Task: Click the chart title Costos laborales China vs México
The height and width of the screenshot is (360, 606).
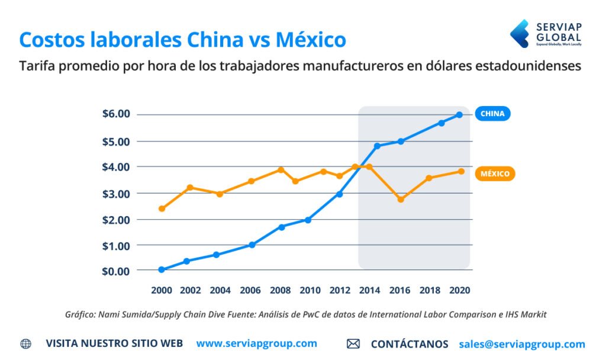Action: tap(182, 40)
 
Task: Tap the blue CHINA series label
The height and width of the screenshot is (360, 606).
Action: tap(492, 114)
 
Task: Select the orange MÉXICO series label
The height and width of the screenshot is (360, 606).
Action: tap(495, 174)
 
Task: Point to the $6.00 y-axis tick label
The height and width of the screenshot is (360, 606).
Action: tap(116, 114)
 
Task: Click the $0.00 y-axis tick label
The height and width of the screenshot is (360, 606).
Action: tap(116, 271)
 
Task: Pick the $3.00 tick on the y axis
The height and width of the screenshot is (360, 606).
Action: tap(116, 194)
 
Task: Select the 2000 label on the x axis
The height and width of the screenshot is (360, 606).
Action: tap(162, 291)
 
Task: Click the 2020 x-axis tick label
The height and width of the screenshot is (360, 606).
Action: tap(459, 291)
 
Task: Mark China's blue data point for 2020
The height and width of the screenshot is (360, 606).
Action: tap(459, 115)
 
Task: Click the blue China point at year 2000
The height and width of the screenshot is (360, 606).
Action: tap(162, 269)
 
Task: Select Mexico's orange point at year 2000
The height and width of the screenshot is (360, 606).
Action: tap(162, 208)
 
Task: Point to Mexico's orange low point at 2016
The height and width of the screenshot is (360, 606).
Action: tap(401, 200)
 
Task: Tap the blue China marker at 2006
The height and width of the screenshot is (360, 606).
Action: tap(252, 245)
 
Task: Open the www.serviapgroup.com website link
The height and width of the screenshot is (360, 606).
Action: tap(256, 343)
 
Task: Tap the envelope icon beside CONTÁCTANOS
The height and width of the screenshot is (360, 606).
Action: tap(353, 344)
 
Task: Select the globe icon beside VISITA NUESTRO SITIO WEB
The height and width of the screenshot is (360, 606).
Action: tap(26, 344)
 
